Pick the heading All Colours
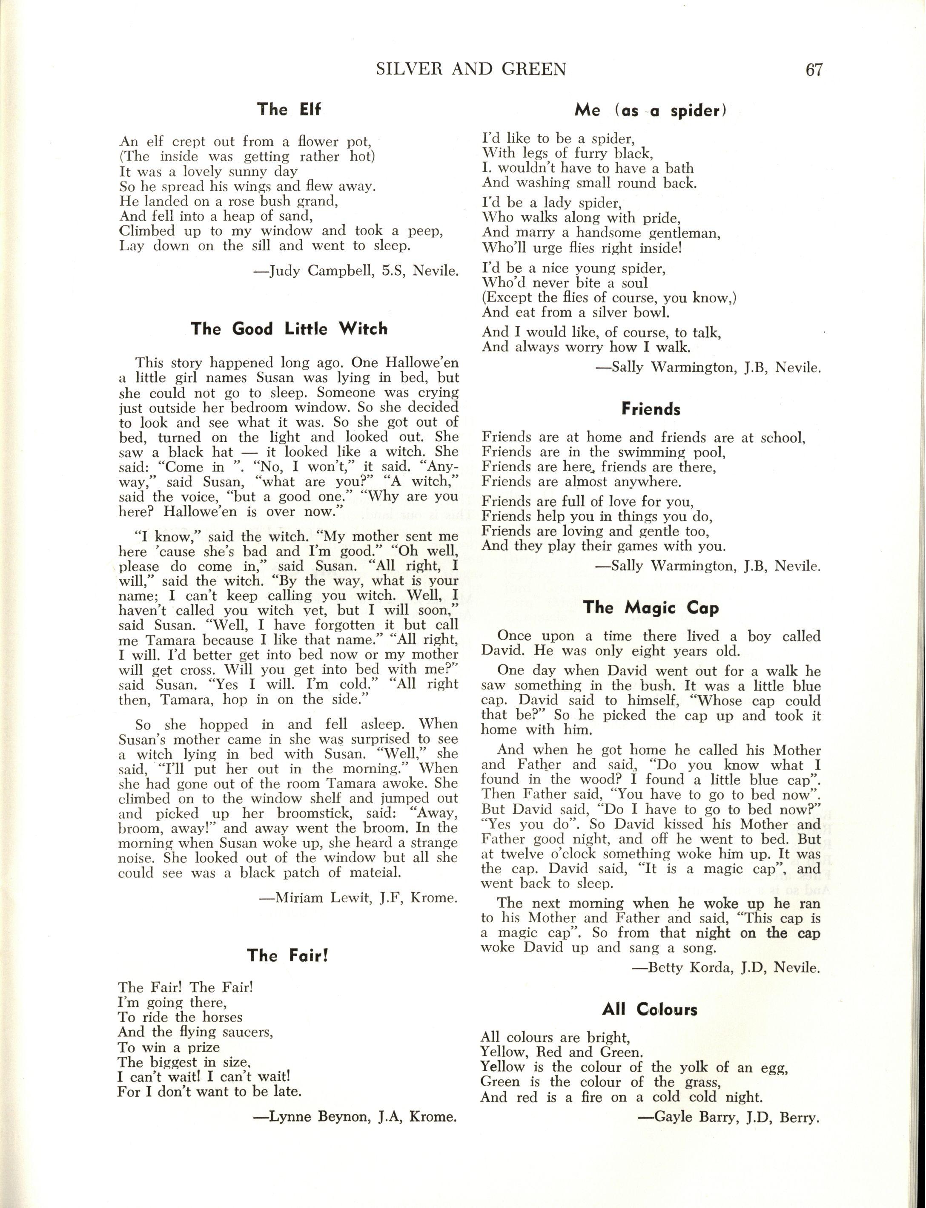pyautogui.click(x=650, y=1009)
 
